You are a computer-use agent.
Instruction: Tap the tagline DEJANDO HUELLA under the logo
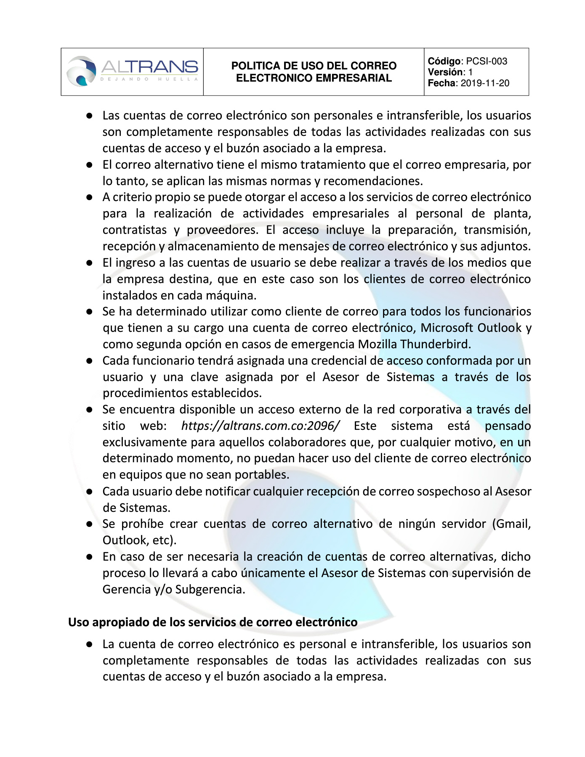pos(149,79)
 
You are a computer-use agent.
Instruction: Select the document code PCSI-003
pos(487,61)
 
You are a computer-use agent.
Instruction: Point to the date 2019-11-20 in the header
pos(485,83)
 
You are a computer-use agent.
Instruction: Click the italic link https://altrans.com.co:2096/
pos(260,426)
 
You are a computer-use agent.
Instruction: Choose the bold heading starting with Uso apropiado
pos(213,622)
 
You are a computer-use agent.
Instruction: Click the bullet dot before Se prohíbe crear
pos(89,524)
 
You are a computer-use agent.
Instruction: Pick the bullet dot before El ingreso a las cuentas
pos(89,263)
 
